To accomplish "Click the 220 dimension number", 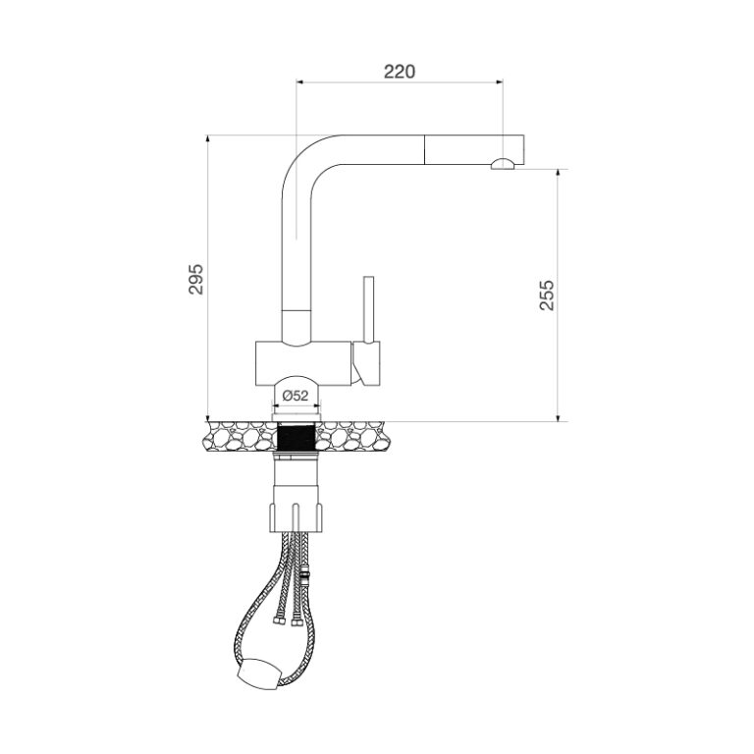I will coord(400,71).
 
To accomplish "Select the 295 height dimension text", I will coord(195,280).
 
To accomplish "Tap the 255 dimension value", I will coord(547,296).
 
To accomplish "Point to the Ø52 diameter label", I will coord(296,395).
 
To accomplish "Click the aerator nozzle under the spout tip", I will coord(502,165).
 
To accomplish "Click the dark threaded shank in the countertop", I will coord(296,435).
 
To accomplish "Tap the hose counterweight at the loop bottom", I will coord(256,675).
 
